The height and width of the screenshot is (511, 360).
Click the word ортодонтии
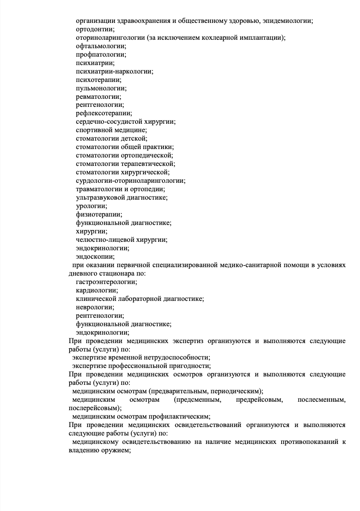[95, 29]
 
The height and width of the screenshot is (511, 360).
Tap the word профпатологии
[100, 54]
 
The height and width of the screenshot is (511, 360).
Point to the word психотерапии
[98, 80]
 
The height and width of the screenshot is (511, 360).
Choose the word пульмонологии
[101, 88]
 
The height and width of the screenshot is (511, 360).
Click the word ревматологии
[98, 96]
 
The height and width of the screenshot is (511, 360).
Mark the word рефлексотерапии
[104, 113]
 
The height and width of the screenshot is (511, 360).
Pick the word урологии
[91, 206]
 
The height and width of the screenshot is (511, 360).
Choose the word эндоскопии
[95, 256]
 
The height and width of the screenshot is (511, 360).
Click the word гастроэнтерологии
[106, 282]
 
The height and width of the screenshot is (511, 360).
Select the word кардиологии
[97, 290]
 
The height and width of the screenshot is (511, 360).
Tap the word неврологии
[95, 307]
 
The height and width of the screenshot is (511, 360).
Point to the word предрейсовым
[260, 400]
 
